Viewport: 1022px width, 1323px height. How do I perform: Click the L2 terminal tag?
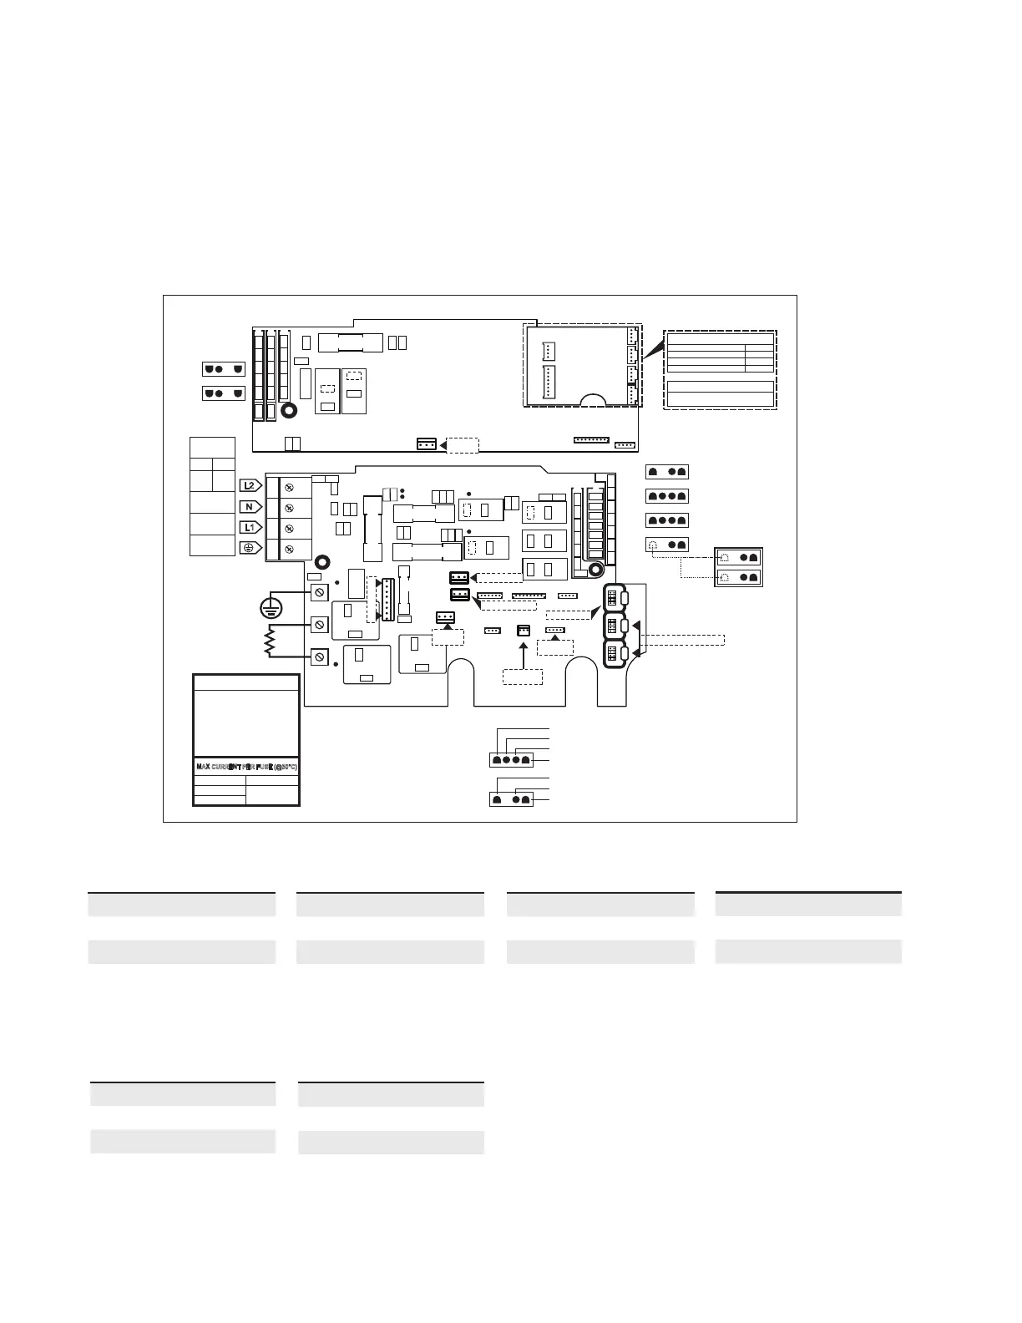(x=250, y=485)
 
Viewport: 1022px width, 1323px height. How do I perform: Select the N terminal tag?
(x=250, y=507)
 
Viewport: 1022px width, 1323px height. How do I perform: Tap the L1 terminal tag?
(x=250, y=528)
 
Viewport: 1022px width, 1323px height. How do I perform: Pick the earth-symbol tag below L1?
(x=250, y=548)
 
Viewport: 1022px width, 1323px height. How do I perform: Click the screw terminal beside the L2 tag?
(x=289, y=486)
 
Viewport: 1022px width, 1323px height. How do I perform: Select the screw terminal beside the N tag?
(x=289, y=507)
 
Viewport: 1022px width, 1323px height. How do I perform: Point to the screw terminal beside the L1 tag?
(x=289, y=528)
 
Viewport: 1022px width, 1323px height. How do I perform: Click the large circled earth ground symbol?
(x=272, y=609)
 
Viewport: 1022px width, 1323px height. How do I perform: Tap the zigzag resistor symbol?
(x=271, y=641)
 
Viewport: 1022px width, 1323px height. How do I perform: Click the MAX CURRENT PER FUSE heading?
(x=246, y=767)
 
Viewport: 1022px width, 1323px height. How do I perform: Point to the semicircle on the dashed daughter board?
(x=594, y=400)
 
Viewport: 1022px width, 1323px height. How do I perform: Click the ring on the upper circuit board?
(x=290, y=411)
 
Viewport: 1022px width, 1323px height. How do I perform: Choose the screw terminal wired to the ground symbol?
(x=319, y=592)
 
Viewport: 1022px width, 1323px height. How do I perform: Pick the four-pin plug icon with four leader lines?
(x=510, y=760)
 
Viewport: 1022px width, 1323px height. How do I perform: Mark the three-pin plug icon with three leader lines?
(x=510, y=799)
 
